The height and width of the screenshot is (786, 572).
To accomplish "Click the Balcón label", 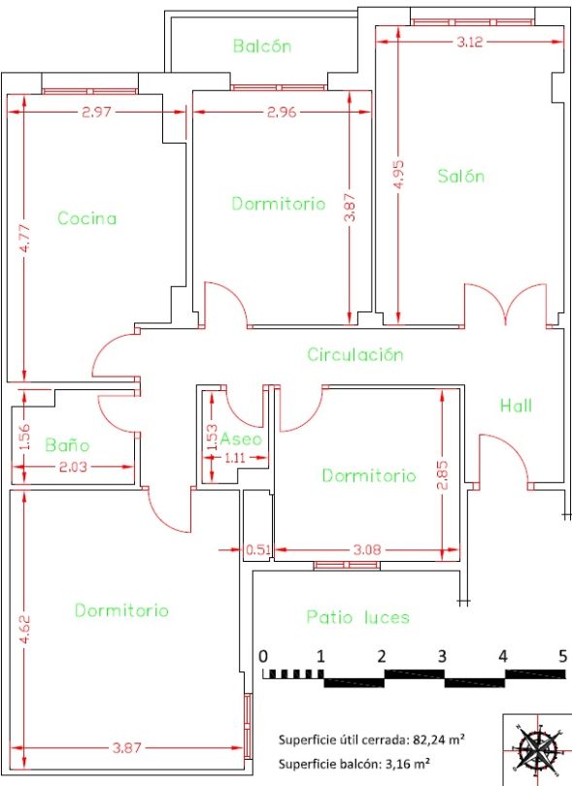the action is [x=262, y=47].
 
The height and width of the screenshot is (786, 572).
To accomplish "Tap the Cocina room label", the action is [x=87, y=218].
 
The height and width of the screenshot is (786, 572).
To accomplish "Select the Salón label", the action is [x=460, y=176].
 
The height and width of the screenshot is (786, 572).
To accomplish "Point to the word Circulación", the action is [x=355, y=354].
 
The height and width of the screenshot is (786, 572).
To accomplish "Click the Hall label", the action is [x=516, y=405].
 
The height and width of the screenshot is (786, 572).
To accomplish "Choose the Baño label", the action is [x=67, y=444].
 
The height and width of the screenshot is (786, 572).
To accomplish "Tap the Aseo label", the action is [x=242, y=440].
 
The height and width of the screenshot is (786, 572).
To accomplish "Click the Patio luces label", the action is [x=357, y=616].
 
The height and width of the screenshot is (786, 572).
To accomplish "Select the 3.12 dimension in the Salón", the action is [x=470, y=42].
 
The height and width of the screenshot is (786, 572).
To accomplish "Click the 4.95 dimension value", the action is [x=399, y=175].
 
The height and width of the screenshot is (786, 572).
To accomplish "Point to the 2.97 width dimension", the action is [x=96, y=112].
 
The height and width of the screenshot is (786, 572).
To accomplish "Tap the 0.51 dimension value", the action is [x=258, y=549].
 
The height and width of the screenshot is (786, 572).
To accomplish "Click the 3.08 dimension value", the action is [x=367, y=549].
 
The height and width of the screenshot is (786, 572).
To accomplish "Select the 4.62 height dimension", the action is [x=25, y=629].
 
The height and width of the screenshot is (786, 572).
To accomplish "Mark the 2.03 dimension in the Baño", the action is [x=73, y=467].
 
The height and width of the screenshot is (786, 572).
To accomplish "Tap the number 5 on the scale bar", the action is [x=563, y=656].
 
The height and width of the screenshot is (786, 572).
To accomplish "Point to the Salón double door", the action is [x=505, y=305].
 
